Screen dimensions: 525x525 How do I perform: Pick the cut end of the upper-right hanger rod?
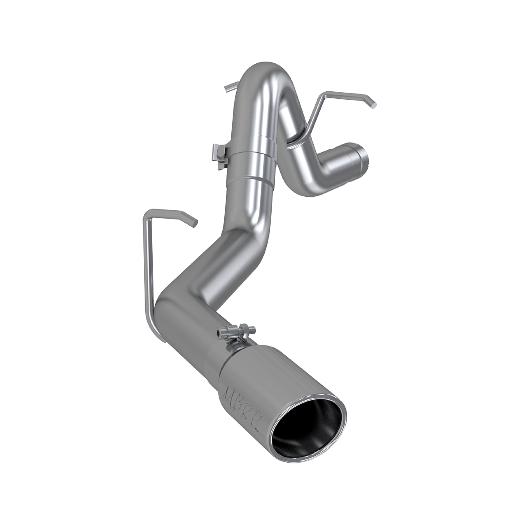click(x=374, y=104)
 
